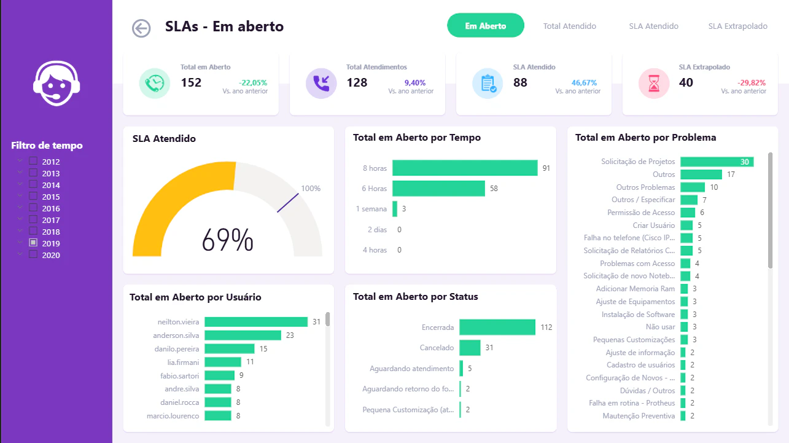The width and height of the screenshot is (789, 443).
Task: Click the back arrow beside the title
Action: pyautogui.click(x=141, y=28)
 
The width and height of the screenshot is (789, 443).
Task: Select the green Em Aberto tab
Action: pyautogui.click(x=486, y=25)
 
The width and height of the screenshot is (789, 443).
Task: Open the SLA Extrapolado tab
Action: pyautogui.click(x=737, y=26)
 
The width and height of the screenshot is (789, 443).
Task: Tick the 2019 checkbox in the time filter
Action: pyautogui.click(x=33, y=243)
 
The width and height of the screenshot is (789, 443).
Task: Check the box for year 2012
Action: pyautogui.click(x=33, y=161)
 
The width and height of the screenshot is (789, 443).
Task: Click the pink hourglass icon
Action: pyautogui.click(x=654, y=84)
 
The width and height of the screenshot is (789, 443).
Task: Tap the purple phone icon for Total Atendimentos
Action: pyautogui.click(x=321, y=84)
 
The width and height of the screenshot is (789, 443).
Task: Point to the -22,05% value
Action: pyautogui.click(x=253, y=83)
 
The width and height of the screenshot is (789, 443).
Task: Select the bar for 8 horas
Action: pyautogui.click(x=465, y=168)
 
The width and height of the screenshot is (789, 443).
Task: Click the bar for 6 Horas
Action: pyautogui.click(x=438, y=188)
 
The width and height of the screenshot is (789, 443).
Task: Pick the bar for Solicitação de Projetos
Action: pyautogui.click(x=717, y=162)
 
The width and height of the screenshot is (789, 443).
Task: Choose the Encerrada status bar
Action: pyautogui.click(x=497, y=327)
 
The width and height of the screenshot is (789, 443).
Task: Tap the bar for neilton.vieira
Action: pyautogui.click(x=256, y=322)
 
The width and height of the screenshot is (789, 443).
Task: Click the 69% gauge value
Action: pyautogui.click(x=228, y=240)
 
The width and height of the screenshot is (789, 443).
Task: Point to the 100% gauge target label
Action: pyautogui.click(x=311, y=189)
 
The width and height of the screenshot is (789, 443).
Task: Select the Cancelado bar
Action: pyautogui.click(x=470, y=348)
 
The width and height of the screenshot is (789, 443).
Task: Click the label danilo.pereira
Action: pyautogui.click(x=176, y=349)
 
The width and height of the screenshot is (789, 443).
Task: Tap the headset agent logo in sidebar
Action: pyautogui.click(x=56, y=84)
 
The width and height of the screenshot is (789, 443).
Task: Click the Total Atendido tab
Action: pyautogui.click(x=570, y=26)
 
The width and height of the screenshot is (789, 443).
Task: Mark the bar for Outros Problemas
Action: pyautogui.click(x=693, y=187)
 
